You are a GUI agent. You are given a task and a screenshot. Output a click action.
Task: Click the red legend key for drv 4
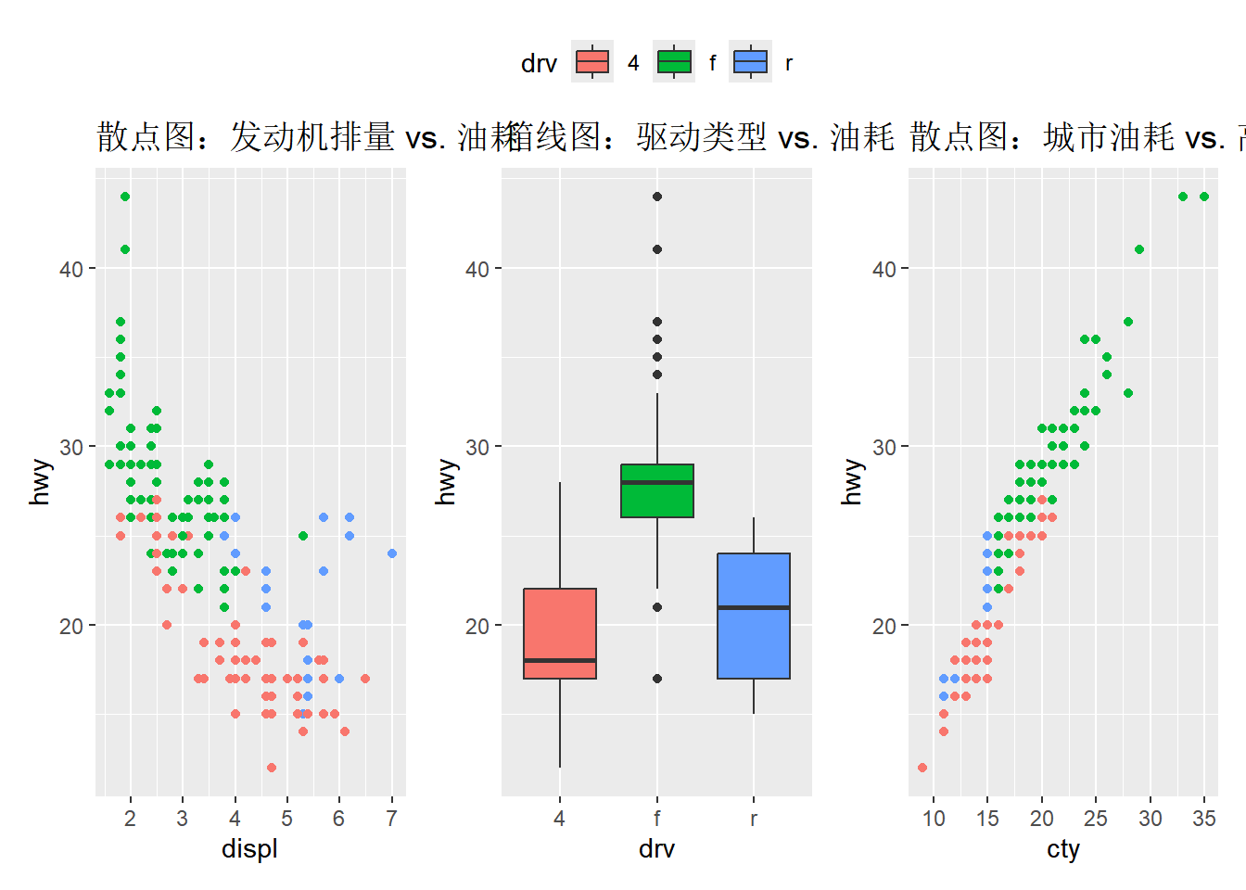[x=592, y=62]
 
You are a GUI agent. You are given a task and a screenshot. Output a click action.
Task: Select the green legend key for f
[x=674, y=62]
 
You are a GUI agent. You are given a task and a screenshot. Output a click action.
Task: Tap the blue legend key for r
[x=750, y=62]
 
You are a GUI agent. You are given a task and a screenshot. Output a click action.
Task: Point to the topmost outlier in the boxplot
[x=657, y=197]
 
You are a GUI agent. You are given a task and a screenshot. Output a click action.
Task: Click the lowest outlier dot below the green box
[x=657, y=679]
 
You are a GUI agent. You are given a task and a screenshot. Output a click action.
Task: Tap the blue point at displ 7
[x=392, y=553]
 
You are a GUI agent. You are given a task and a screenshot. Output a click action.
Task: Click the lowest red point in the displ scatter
[x=272, y=768]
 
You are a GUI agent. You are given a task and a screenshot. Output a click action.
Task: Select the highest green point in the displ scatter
[x=125, y=197]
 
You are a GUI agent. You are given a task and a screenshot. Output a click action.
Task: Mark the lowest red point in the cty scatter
[x=922, y=768]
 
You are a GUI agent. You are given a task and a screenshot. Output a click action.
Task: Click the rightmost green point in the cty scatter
[x=1204, y=197]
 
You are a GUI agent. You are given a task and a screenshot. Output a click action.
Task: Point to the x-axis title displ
[x=249, y=848]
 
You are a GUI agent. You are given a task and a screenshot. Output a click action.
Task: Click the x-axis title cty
[x=1063, y=848]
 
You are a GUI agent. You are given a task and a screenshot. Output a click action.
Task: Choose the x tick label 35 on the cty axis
[x=1204, y=819]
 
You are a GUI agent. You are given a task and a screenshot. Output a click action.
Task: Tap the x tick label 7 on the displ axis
[x=392, y=819]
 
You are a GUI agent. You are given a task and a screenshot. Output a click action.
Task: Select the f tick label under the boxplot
[x=657, y=819]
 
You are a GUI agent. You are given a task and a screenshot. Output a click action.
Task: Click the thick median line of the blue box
[x=754, y=607]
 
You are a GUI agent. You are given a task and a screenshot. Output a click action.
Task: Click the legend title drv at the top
[x=539, y=63]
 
